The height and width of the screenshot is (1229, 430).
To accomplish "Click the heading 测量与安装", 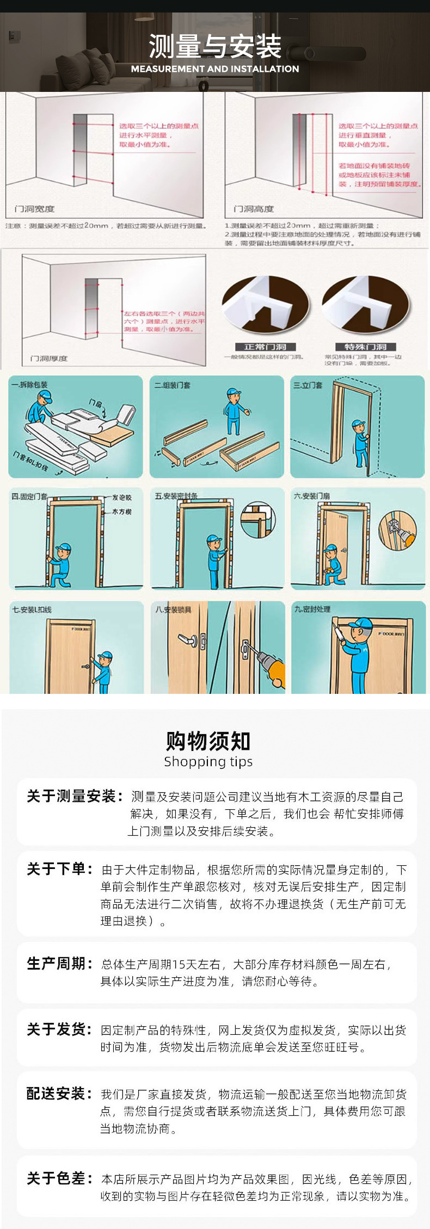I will (x=215, y=46).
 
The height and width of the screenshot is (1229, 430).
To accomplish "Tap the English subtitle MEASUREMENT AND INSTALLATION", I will (x=215, y=69).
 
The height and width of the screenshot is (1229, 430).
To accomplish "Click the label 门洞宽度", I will (x=34, y=209).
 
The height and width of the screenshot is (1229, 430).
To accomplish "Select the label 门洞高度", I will (x=253, y=209).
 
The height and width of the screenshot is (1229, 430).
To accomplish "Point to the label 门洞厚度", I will (x=49, y=358).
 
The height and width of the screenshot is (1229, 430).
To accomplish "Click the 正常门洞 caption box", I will (x=265, y=347).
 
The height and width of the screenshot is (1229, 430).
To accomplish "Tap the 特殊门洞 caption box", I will (x=365, y=347).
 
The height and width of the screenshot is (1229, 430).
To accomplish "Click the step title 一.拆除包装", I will (x=29, y=384).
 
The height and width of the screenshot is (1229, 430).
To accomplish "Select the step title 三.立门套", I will (x=308, y=385).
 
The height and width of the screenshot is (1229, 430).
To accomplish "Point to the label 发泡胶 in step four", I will (x=122, y=498).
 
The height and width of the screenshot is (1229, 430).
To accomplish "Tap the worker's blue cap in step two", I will (x=234, y=392).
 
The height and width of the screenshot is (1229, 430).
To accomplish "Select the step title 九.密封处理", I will (x=312, y=609).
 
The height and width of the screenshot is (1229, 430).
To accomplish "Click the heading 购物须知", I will (x=208, y=741).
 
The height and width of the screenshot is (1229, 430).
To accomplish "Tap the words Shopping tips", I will (x=208, y=761).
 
